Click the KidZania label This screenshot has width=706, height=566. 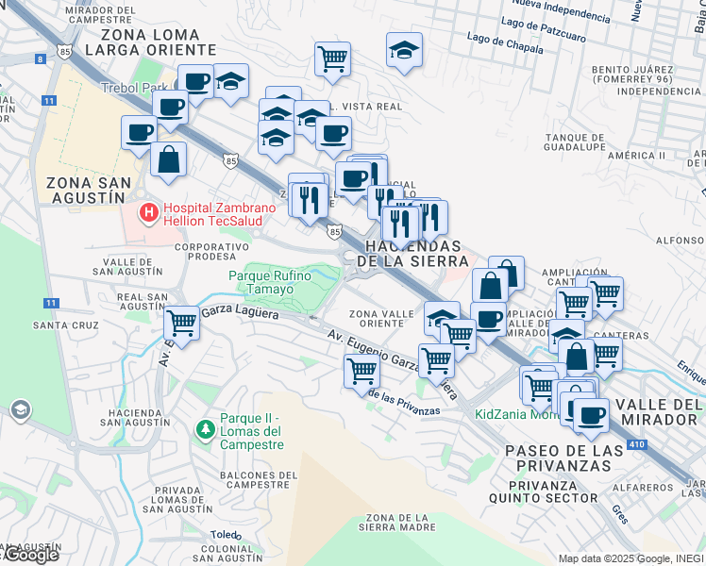point(515,414)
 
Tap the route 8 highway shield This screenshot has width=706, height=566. point(40,58)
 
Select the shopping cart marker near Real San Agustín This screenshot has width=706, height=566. point(180,325)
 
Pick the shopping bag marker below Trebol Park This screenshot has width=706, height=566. point(168,160)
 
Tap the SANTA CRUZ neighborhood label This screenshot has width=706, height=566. point(65,325)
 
